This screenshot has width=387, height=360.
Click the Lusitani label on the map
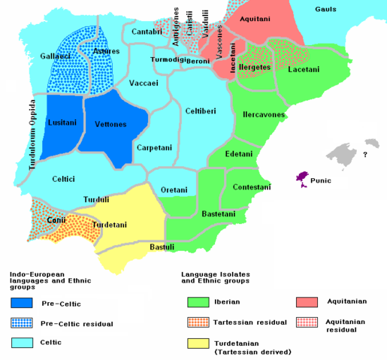[x=61, y=121]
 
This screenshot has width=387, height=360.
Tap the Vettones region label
[x=111, y=124]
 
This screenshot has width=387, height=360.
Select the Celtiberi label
[x=200, y=111]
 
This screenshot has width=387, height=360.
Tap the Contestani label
[x=251, y=186]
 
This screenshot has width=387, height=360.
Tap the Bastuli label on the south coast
[x=162, y=247]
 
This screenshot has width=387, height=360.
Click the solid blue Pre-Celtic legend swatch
[x=21, y=304]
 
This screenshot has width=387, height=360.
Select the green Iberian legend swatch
[x=198, y=304]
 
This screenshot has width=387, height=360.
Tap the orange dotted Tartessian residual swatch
[x=198, y=322]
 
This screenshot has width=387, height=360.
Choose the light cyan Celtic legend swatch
[x=21, y=342]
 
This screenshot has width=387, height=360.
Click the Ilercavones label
[x=263, y=115]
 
